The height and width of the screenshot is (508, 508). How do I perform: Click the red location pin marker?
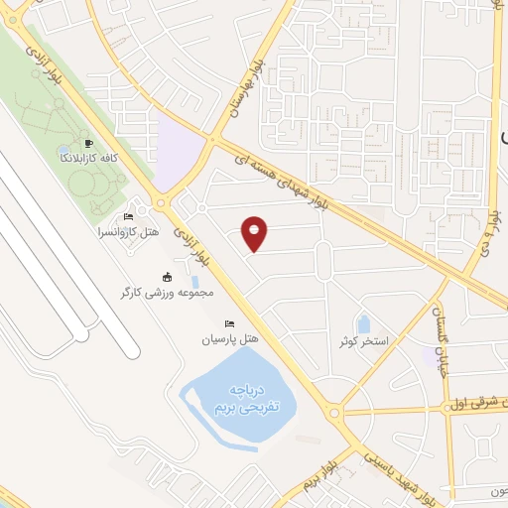pos(255,233)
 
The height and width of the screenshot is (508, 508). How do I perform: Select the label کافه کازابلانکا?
pos(90,158)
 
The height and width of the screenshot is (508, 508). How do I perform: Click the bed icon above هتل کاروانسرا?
pos(127,217)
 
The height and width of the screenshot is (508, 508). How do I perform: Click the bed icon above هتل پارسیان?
pos(230,323)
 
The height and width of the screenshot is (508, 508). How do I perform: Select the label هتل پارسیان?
pos(229,339)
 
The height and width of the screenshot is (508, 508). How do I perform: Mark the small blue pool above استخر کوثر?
pos(363,323)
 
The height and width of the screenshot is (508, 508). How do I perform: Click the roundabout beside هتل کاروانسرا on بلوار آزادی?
pos(161,205)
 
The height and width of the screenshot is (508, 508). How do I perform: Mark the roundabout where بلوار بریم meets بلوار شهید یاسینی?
pos(334,412)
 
